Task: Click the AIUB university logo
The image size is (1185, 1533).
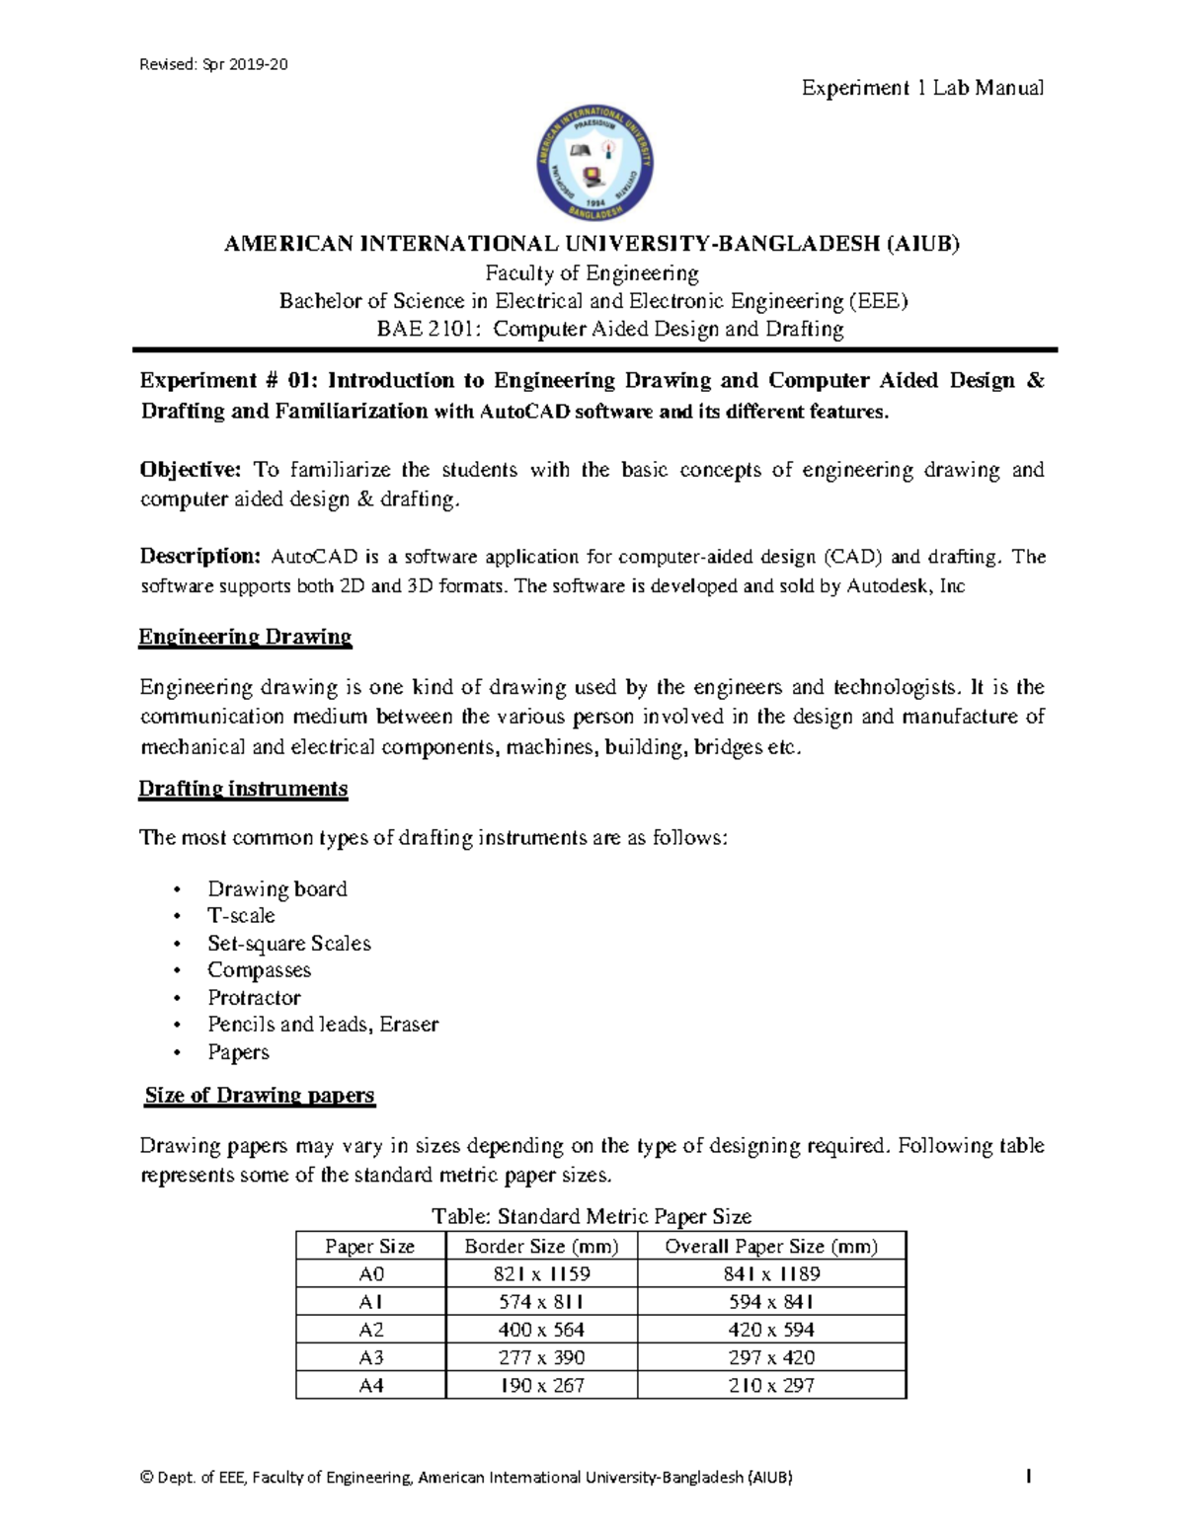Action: (593, 163)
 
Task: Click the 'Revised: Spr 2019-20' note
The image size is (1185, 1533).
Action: (213, 65)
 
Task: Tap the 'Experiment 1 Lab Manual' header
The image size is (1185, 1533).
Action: (921, 88)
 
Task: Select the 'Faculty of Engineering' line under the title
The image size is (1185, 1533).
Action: (592, 273)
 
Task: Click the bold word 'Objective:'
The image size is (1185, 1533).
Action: (191, 470)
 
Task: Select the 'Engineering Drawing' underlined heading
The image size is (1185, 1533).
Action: (245, 637)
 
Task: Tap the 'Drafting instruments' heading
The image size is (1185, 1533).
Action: (243, 789)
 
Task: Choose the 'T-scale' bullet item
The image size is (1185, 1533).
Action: (241, 916)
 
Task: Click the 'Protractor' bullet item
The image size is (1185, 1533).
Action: (254, 998)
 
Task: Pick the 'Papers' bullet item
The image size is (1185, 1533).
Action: (238, 1052)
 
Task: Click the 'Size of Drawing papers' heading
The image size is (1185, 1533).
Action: (260, 1096)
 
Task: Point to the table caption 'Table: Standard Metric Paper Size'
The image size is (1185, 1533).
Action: (592, 1216)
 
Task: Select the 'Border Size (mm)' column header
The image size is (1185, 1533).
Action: (541, 1247)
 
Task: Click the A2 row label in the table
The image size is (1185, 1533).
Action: (370, 1330)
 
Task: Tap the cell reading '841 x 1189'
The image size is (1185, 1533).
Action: (771, 1274)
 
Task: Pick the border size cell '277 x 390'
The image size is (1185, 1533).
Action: (541, 1357)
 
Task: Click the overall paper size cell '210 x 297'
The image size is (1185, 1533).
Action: (771, 1386)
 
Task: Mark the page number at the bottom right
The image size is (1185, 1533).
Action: (1029, 1478)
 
